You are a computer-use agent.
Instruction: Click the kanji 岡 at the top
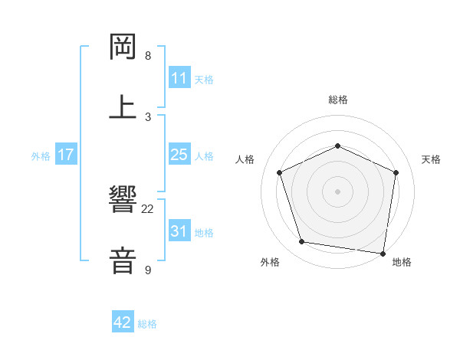coord(123,48)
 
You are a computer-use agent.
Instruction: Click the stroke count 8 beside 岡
coord(148,56)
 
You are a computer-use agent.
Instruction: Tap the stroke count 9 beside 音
coord(148,270)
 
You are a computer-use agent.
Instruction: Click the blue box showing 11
coord(179,78)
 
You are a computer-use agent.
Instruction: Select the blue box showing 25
coord(179,155)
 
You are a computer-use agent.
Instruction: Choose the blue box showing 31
coord(179,231)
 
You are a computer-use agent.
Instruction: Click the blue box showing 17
coord(66,155)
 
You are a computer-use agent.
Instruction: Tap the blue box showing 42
coord(123,322)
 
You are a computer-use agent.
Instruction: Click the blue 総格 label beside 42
coord(148,324)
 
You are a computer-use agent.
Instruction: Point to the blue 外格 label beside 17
coord(41,155)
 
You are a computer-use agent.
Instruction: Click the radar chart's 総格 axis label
coord(338,100)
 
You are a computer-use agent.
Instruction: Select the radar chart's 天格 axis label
coord(432,159)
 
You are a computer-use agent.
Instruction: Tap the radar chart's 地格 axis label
coord(402,262)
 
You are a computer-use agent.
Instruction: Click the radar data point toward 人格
coord(280,172)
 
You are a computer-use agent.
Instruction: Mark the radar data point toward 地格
coord(383,253)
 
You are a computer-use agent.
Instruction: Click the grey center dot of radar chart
coord(338,191)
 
